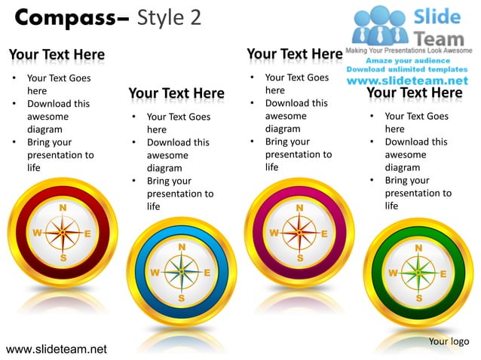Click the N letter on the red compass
coord(63,208)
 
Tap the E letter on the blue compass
coord(207,273)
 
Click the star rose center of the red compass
coord(63,233)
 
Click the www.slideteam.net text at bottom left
coord(57,349)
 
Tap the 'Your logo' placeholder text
coord(449,342)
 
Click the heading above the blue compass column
coord(176,94)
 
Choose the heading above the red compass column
coord(57,55)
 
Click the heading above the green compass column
coord(414,93)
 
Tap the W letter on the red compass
coord(36,233)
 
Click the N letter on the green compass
coord(418,247)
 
